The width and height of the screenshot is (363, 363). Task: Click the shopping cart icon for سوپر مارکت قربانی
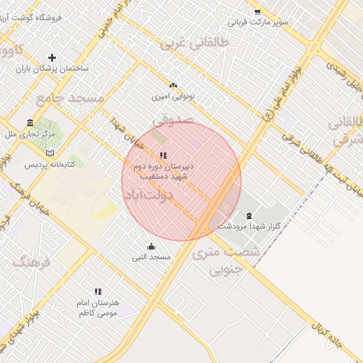pos(257,12)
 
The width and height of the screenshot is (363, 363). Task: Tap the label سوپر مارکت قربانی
pos(263,23)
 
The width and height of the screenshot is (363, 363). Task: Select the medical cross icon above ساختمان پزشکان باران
pos(52,57)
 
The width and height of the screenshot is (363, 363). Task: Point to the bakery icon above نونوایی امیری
pos(173,84)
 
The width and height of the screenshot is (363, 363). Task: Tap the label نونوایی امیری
pos(172,95)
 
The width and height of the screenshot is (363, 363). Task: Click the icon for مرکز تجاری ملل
pos(29,122)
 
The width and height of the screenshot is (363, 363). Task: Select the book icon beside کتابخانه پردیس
pos(49,152)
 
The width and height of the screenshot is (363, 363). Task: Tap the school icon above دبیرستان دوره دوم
pos(163,155)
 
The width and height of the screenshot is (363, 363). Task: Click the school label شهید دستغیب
pos(164,175)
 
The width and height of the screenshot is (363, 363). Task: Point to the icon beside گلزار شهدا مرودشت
pos(248,216)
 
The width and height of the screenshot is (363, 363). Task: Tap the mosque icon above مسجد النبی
pos(151,246)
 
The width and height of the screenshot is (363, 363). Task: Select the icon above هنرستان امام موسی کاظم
pos(98,291)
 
